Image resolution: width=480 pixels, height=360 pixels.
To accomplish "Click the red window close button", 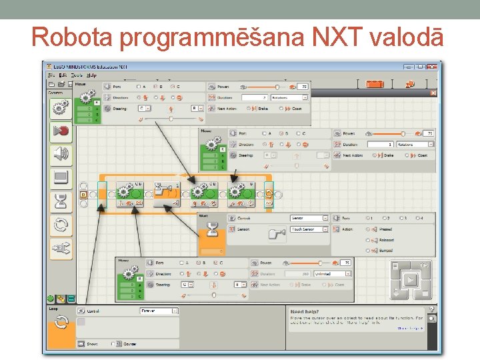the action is pos(433,66).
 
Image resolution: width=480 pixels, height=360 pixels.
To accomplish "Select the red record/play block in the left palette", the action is pos(61,131).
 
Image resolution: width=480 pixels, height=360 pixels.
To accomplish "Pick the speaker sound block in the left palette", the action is pos(61,155).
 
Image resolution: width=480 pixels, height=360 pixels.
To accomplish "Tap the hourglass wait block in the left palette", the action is pos(61,201).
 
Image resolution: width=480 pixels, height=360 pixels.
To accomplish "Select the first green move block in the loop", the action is pos(131,193).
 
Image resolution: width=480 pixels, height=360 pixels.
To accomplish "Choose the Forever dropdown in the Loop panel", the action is pos(159,311).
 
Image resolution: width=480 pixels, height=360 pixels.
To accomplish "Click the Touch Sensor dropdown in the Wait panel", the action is pos(309,229).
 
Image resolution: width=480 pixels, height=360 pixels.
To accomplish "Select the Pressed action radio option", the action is pos(369,229).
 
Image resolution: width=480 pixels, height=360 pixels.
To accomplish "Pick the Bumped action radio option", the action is pos(369,251).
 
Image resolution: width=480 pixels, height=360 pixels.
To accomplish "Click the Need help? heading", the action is pos(305,311).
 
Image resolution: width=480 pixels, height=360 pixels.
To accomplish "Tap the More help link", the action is pos(410,328).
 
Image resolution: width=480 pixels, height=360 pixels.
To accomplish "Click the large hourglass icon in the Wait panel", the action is pos(212,230).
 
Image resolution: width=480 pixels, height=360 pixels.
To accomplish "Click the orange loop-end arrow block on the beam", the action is pos(269,194).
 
